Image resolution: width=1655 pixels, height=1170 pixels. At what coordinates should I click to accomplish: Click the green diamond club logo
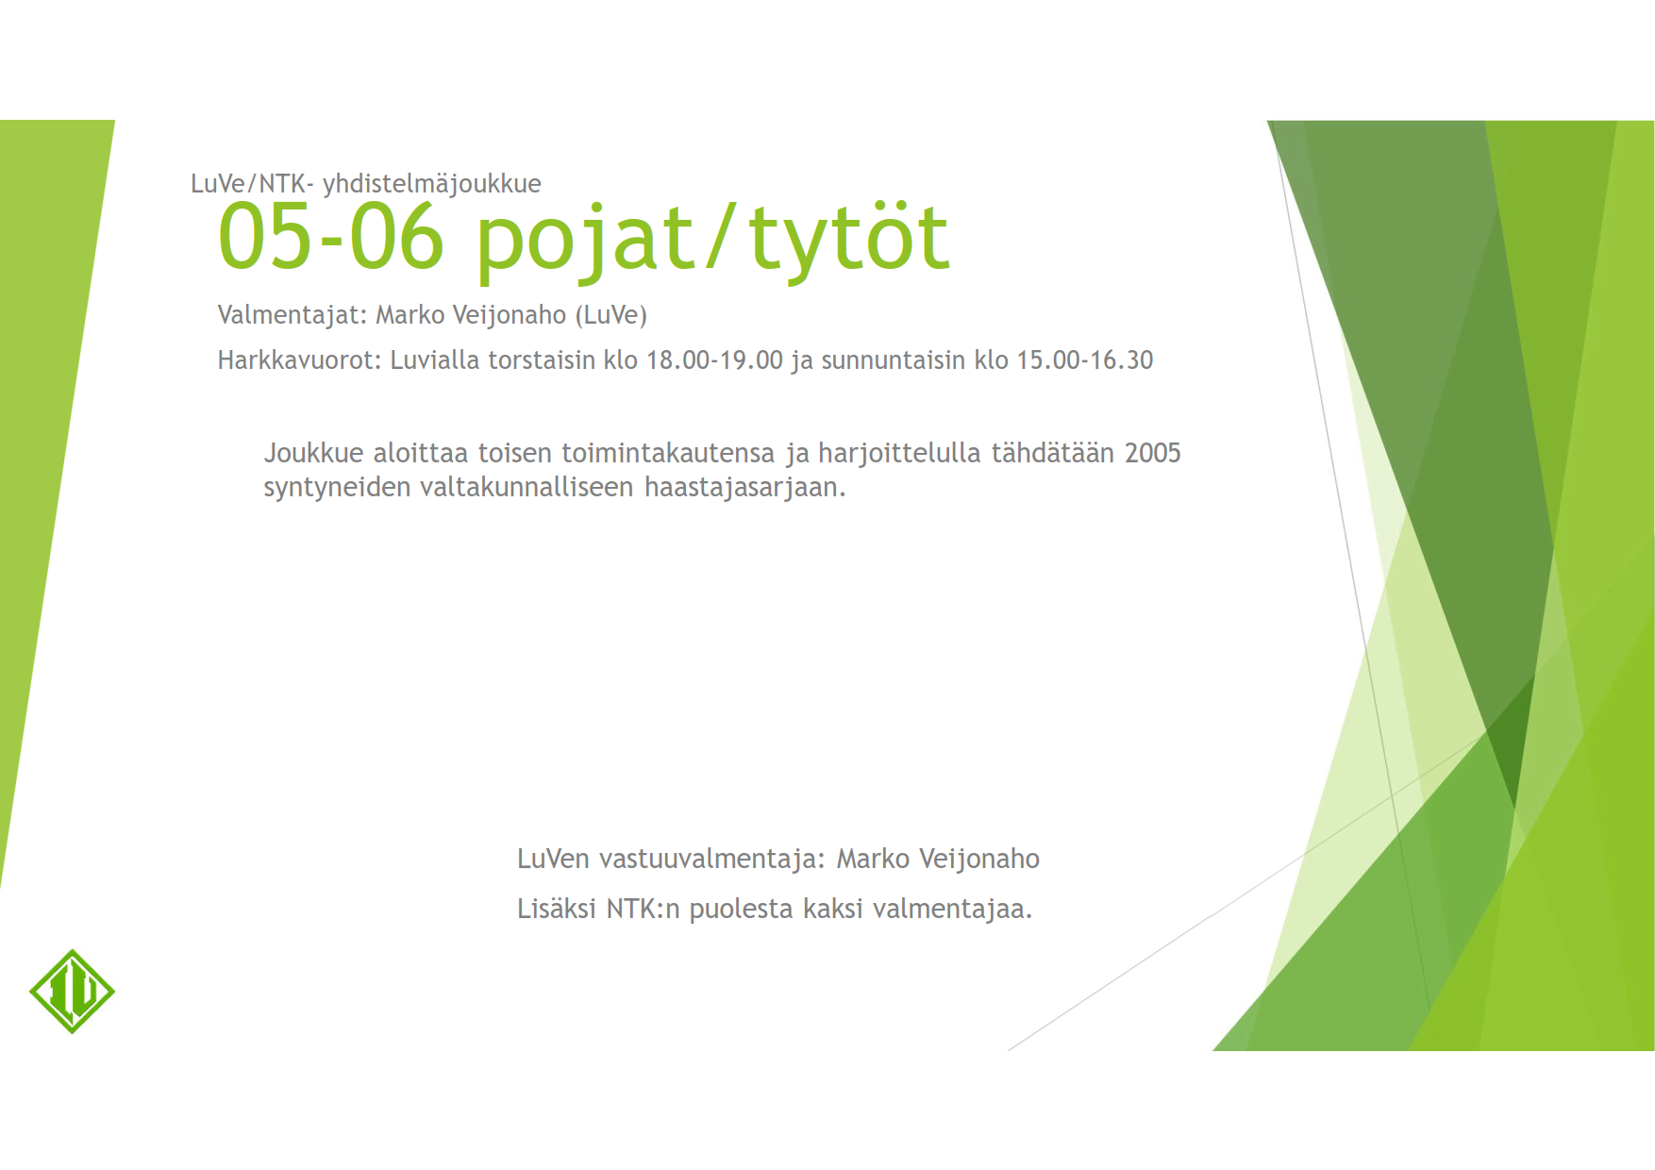point(72,991)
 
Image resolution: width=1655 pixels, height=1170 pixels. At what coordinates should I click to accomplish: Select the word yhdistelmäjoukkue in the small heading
point(432,184)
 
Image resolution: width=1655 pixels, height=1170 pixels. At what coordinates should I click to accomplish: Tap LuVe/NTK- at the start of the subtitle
point(252,183)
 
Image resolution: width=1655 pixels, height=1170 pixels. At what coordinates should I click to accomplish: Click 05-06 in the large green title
point(330,237)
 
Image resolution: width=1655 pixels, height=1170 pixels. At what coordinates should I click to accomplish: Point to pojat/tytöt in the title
point(712,241)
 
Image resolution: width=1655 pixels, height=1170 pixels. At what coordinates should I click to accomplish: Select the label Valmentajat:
point(293,315)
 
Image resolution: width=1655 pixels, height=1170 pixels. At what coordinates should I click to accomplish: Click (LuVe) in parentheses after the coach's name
point(611,315)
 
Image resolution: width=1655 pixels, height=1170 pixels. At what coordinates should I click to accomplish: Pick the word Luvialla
point(435,360)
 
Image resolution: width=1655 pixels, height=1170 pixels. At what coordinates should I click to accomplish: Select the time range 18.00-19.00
point(714,360)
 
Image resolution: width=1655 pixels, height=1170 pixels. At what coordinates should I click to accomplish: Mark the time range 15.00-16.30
point(1085,360)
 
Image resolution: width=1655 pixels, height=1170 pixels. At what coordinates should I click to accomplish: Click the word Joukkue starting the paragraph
point(313,454)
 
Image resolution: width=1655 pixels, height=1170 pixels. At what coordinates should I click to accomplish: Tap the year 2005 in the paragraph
point(1152,454)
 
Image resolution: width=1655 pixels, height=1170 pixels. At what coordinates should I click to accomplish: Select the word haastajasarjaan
point(745,488)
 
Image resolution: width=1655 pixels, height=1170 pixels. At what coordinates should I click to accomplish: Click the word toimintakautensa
point(668,454)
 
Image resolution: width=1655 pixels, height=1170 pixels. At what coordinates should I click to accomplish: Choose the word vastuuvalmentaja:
point(712,860)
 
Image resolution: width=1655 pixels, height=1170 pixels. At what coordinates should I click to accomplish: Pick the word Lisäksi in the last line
point(557,909)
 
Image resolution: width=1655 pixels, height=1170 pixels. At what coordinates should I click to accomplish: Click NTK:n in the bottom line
point(643,909)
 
